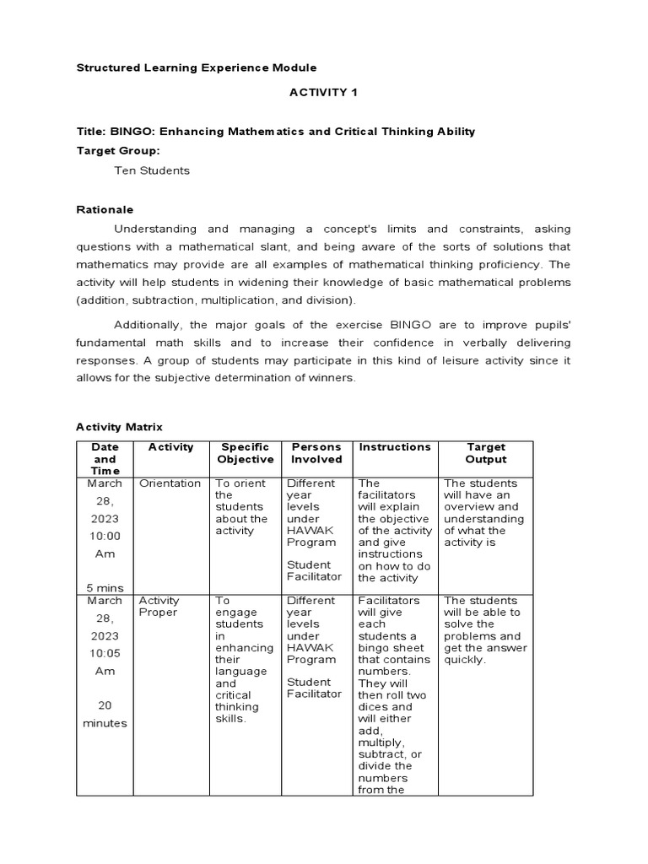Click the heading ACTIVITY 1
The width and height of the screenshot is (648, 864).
pyautogui.click(x=324, y=92)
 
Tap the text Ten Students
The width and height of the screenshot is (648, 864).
pyautogui.click(x=152, y=170)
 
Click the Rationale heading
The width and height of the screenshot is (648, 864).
pyautogui.click(x=105, y=209)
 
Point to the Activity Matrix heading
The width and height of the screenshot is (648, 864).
pyautogui.click(x=119, y=427)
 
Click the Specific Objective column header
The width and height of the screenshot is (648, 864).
pyautogui.click(x=245, y=453)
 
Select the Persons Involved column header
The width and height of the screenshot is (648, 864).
pyautogui.click(x=316, y=453)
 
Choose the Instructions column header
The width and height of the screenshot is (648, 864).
pyautogui.click(x=395, y=447)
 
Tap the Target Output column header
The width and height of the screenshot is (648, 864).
pyautogui.click(x=486, y=453)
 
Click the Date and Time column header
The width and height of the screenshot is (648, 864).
pyautogui.click(x=105, y=458)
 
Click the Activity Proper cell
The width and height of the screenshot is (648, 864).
pyautogui.click(x=159, y=607)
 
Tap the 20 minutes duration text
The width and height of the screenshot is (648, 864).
pyautogui.click(x=105, y=714)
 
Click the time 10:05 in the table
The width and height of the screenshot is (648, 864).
pyautogui.click(x=105, y=653)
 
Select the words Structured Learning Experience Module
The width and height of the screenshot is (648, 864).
pyautogui.click(x=197, y=67)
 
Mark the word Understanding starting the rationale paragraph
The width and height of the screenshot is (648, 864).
pyautogui.click(x=155, y=229)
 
